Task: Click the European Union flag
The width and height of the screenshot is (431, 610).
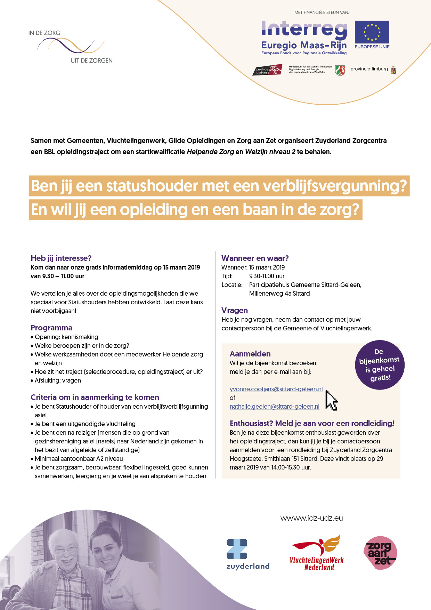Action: pos(372,32)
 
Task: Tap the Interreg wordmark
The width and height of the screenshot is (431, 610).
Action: pos(304,29)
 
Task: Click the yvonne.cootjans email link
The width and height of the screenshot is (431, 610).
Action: pos(276,389)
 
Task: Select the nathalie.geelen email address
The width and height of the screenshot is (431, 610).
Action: pos(274,407)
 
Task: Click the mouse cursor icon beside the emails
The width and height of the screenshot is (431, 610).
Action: pos(331,401)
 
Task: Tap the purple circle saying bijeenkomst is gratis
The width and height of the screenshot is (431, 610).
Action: pos(380,365)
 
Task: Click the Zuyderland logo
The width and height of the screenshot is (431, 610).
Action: pos(247,554)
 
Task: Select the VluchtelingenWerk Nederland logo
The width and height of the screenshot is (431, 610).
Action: pos(317,553)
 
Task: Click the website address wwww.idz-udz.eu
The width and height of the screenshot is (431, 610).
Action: pos(311,518)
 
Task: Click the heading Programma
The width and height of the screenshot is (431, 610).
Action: pos(51,328)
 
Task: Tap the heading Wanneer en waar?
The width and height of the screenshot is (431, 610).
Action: pos(255,258)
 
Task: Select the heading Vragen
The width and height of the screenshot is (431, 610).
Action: pos(235,310)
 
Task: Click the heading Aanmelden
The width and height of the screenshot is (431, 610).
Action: pos(250,354)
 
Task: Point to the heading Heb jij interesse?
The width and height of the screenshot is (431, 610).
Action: pos(61,258)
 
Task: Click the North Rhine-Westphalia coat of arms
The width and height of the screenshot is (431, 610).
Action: pos(340,70)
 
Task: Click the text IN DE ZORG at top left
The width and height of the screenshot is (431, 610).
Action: pos(44,33)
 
